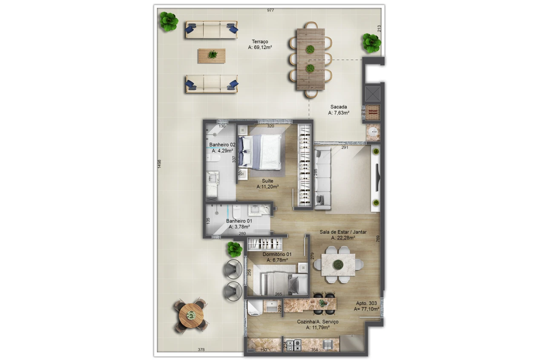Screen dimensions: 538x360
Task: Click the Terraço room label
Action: coord(260,42)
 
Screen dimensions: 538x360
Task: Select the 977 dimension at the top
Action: coord(270,10)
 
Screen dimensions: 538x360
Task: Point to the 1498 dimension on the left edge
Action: coord(159,164)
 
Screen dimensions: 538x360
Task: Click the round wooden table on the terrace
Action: coord(191,315)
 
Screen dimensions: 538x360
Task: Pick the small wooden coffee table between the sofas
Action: coord(212,56)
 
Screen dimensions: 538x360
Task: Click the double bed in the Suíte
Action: coord(260,152)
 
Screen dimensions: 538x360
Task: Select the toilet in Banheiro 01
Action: coord(236,211)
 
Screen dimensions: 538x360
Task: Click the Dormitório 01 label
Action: coord(277,254)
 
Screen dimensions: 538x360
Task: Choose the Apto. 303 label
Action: coord(366,303)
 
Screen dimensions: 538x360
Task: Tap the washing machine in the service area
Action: coord(255,308)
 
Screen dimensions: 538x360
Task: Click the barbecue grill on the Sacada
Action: coord(373,112)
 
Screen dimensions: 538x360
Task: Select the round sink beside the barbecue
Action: coord(373,132)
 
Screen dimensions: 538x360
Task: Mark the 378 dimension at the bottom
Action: coord(201,350)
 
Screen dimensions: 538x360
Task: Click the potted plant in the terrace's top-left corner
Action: coord(169,21)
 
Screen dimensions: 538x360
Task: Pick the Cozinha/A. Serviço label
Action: coord(317,322)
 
